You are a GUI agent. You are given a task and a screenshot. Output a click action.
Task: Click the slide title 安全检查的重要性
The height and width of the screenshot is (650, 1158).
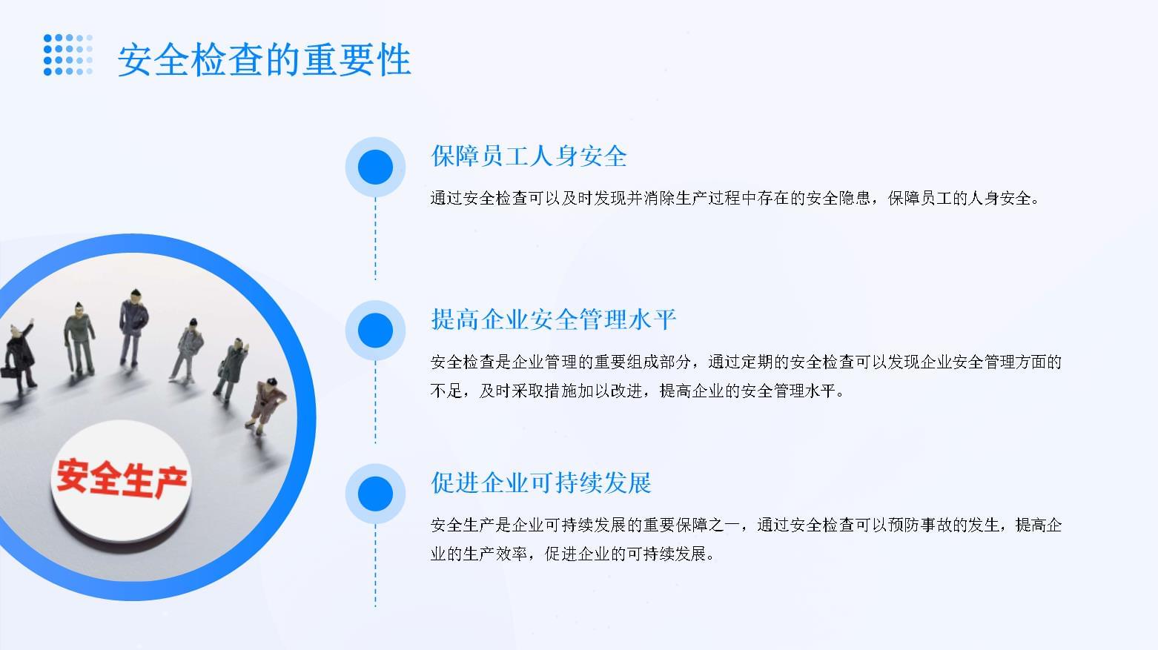[x=264, y=61]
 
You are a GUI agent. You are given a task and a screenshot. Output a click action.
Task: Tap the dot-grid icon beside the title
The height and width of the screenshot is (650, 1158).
[x=68, y=55]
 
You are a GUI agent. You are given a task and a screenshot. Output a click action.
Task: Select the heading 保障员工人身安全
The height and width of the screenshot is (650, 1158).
[x=529, y=156]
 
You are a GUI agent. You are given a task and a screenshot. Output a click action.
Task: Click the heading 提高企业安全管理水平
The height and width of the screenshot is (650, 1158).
[x=554, y=319]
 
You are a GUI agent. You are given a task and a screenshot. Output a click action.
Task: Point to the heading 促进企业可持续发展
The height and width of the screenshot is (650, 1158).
[x=541, y=482]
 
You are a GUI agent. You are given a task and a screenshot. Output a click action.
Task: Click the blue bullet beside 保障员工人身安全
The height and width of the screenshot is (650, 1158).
[x=375, y=167]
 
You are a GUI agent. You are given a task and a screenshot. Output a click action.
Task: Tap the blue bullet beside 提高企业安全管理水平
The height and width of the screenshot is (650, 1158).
[x=375, y=330]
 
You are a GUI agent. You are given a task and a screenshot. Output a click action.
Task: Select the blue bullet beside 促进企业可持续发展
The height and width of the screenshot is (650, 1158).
[x=375, y=494]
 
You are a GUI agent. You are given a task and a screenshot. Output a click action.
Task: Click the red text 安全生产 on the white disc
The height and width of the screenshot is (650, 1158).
[x=122, y=479]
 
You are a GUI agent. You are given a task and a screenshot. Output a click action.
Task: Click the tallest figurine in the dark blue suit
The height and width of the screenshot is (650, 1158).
[x=133, y=328]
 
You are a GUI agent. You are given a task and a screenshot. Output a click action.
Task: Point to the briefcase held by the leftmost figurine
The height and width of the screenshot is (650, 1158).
[x=7, y=373]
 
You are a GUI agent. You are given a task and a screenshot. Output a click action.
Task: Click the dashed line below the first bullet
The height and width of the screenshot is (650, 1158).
[x=375, y=239]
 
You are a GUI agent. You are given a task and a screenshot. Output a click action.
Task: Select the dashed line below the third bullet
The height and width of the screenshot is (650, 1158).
[x=375, y=566]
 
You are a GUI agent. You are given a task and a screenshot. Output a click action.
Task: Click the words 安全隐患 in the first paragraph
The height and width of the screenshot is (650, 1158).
[x=838, y=198]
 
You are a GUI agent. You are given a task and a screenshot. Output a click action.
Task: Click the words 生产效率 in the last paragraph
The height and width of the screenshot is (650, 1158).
[x=494, y=554]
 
